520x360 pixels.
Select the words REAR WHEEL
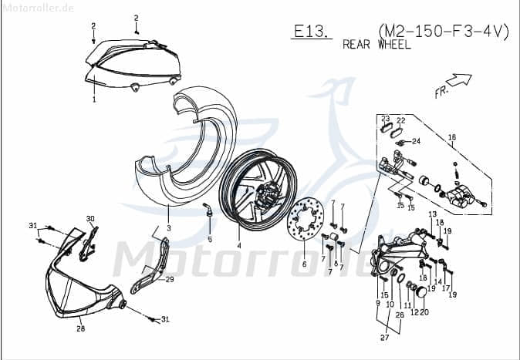376,45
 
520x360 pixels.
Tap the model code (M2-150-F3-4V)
444,31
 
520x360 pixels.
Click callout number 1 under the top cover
94,99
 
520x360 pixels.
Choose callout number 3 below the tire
168,229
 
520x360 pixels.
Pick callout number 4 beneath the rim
239,246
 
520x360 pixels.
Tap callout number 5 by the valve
209,240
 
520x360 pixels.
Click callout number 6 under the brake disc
304,264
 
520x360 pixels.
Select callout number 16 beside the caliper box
452,136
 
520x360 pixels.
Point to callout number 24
416,141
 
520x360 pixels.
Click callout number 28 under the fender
80,328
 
